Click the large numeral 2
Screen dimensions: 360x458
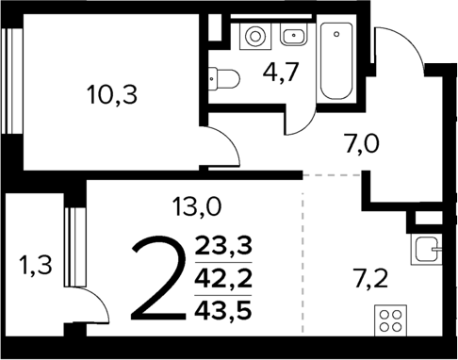pos(155,278)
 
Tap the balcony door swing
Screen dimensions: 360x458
pos(85,307)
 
